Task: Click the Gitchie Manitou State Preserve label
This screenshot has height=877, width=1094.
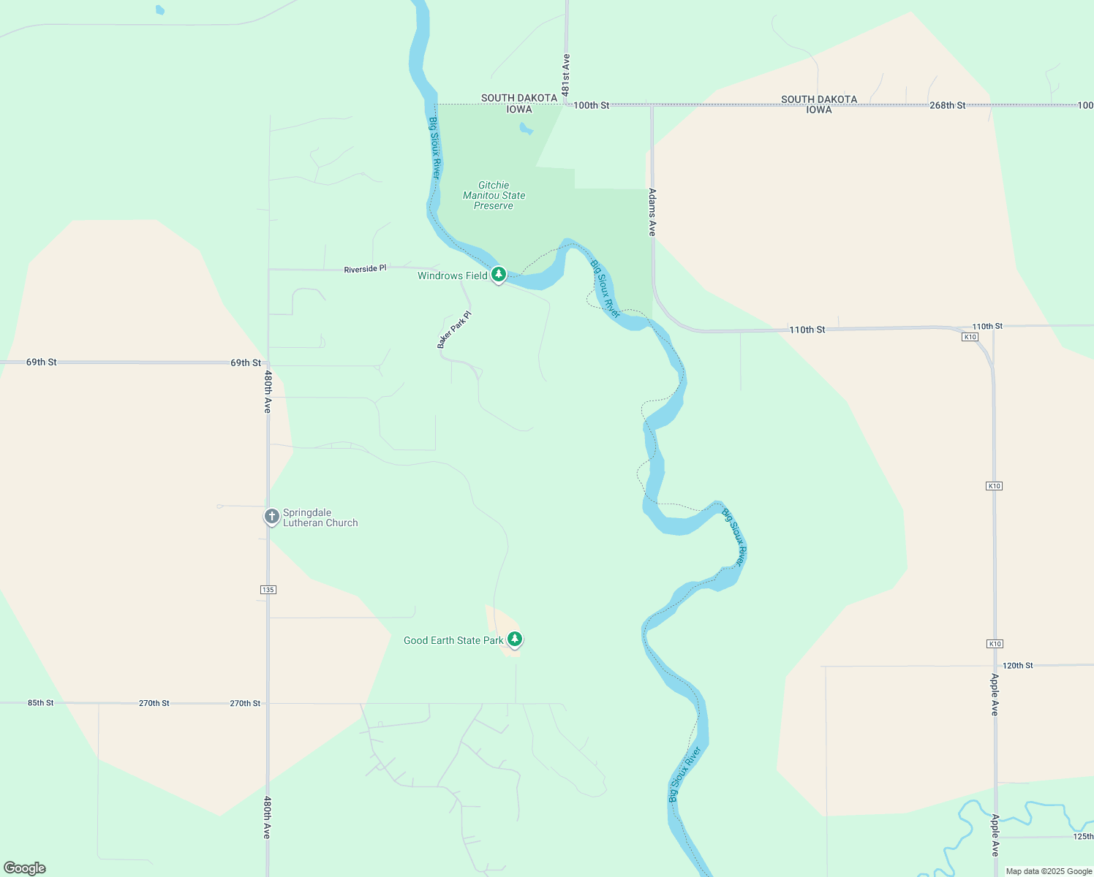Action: click(494, 195)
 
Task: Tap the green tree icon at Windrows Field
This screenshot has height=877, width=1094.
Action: click(499, 275)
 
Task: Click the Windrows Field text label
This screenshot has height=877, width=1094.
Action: click(452, 276)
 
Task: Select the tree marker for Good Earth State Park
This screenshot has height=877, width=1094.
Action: click(515, 639)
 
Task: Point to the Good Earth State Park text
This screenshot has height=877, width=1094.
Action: click(453, 640)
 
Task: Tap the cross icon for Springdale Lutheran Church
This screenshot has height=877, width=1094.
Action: click(271, 517)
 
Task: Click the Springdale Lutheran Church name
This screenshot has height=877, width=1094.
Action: click(320, 517)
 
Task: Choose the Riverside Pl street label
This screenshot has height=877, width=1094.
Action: click(365, 269)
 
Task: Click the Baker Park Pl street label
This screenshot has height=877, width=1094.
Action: click(454, 330)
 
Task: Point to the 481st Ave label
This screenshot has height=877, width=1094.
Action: click(566, 75)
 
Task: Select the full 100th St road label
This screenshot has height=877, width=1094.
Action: click(591, 105)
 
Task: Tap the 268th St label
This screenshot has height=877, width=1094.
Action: click(947, 105)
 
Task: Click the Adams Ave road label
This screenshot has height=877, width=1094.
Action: click(652, 212)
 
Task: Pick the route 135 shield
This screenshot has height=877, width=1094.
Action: click(268, 589)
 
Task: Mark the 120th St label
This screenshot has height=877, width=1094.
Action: click(1017, 665)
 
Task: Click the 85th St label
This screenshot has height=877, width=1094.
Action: click(41, 702)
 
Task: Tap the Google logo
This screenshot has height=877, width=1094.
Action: click(25, 868)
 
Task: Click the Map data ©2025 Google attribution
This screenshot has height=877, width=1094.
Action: click(1049, 871)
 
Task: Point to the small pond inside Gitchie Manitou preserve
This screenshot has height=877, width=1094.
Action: click(526, 129)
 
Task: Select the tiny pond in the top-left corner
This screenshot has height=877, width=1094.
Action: click(160, 10)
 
